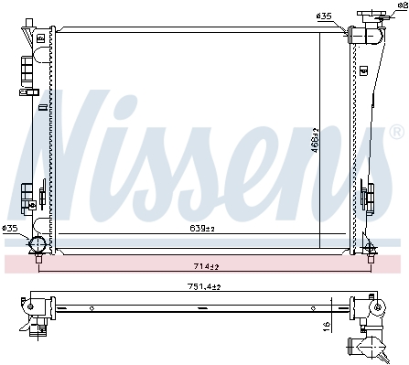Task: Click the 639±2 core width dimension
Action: tap(202, 229)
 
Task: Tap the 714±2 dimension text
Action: tap(207, 266)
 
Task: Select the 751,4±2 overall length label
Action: tap(204, 286)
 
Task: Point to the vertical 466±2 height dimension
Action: tap(315, 140)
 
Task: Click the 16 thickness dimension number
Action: tap(327, 327)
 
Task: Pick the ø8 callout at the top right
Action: tap(404, 5)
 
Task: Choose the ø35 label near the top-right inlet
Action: tap(324, 16)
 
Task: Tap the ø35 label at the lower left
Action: tap(10, 228)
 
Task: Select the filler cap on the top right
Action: tap(372, 15)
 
